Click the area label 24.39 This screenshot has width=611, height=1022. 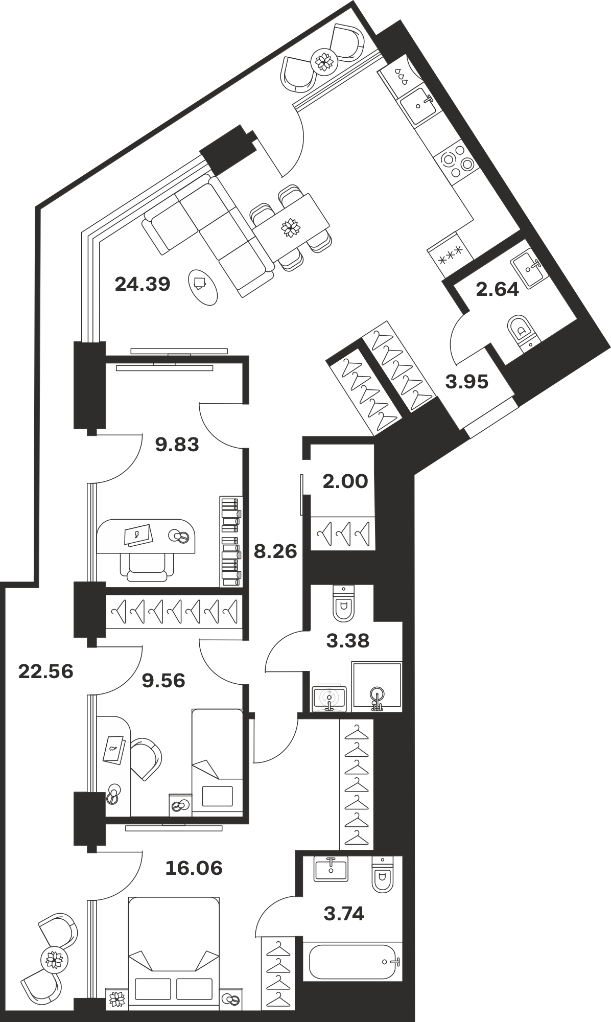142,284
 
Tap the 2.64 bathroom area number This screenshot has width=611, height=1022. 497,290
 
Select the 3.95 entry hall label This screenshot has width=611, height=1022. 467,381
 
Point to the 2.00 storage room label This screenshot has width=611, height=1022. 345,481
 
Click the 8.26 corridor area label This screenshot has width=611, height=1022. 275,551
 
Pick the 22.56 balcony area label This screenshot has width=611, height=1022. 46,671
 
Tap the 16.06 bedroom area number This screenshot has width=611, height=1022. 194,868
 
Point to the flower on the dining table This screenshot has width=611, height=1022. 291,227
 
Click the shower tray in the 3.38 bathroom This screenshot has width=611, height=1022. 377,687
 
